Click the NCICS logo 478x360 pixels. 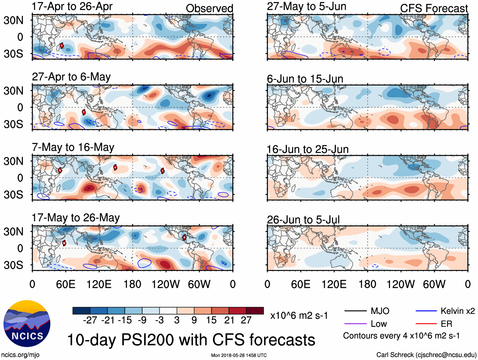click(27, 323)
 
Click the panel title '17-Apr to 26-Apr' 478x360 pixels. click(72, 6)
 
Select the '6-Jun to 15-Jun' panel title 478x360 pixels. click(305, 79)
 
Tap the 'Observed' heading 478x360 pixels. click(209, 8)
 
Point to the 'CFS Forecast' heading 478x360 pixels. click(434, 8)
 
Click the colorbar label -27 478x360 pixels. click(90, 320)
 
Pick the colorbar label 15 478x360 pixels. click(211, 320)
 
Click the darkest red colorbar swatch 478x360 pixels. click(255, 311)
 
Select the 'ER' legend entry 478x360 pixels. click(446, 324)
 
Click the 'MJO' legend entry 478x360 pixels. click(380, 311)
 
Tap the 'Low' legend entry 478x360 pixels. click(379, 324)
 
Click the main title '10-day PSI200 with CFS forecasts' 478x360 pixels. click(191, 340)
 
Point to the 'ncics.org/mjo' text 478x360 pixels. click(20, 355)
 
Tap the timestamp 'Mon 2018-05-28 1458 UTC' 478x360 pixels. click(239, 355)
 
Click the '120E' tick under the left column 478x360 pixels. click(99, 284)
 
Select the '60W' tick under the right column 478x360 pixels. click(434, 284)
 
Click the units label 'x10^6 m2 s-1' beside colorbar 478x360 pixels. click(299, 315)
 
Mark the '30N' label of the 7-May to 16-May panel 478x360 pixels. click(14, 161)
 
